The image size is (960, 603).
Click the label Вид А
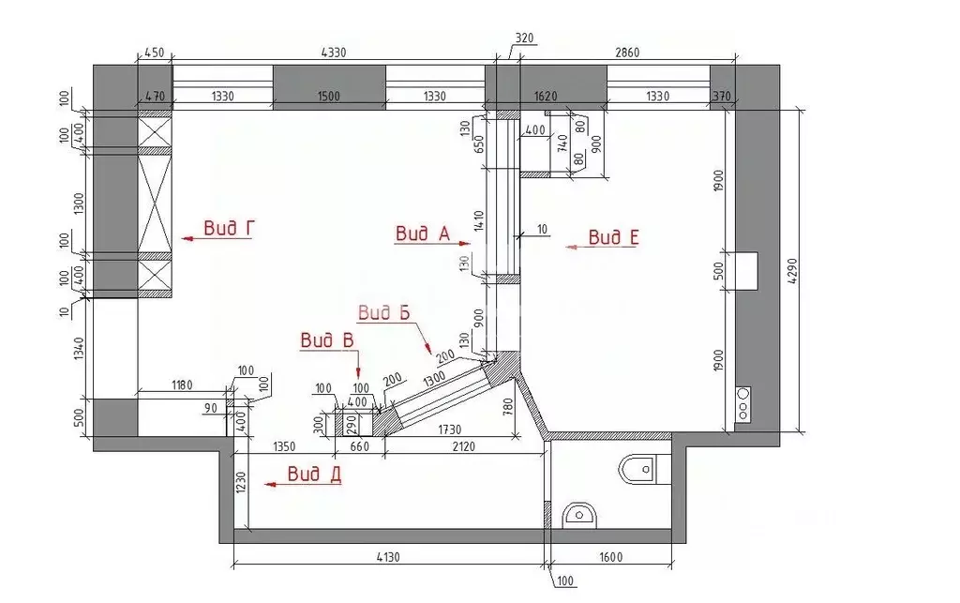(x=423, y=234)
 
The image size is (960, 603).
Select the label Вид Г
(x=230, y=229)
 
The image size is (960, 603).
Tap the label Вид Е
(x=613, y=238)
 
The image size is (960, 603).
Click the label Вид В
(x=327, y=341)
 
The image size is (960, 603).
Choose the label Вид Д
(x=314, y=475)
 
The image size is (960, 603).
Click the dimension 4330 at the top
(x=329, y=53)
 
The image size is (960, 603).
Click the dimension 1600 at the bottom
(x=609, y=557)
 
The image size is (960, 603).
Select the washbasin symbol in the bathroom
(x=580, y=515)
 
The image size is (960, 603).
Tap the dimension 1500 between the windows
(x=329, y=97)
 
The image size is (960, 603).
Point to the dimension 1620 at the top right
(x=545, y=97)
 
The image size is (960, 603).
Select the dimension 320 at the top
(x=524, y=39)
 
